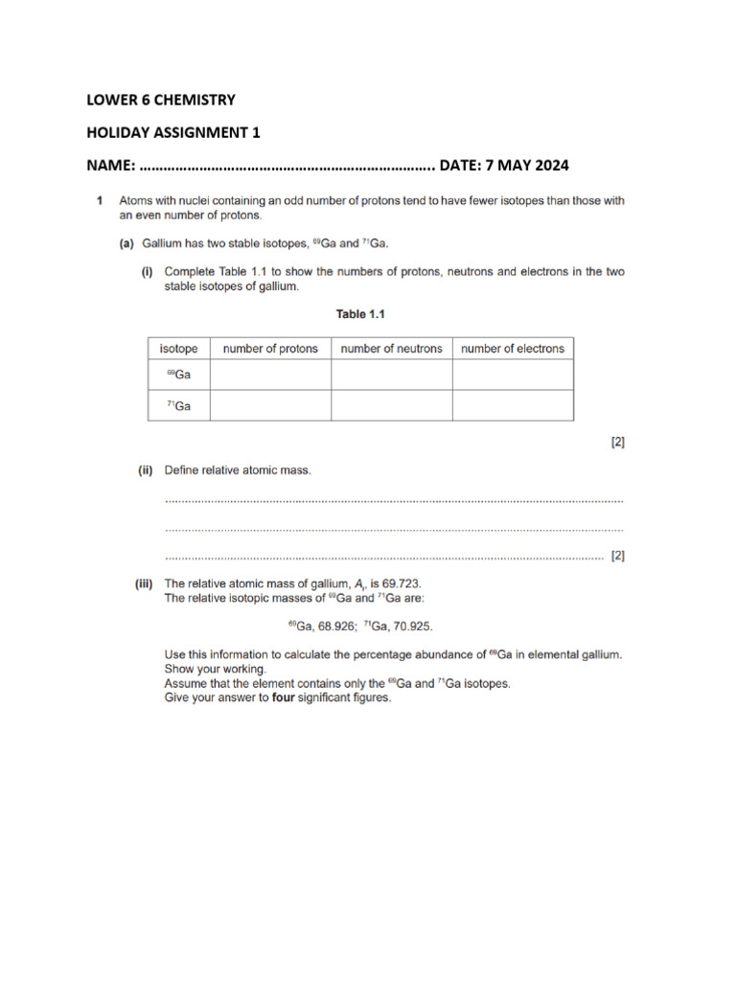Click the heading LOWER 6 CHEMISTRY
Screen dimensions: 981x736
coord(161,100)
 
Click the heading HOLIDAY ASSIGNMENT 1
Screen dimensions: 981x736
coord(173,132)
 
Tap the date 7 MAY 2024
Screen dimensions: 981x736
coord(526,165)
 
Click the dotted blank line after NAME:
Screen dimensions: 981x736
coord(287,166)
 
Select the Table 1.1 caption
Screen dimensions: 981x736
coord(359,313)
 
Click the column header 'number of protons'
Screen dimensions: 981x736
coord(270,349)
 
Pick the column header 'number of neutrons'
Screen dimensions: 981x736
coord(391,349)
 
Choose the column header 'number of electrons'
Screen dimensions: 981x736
coord(513,349)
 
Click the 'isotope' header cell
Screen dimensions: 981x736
coord(178,349)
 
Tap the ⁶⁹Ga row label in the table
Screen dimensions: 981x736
coord(178,375)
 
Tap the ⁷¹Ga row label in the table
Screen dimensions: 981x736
coord(178,405)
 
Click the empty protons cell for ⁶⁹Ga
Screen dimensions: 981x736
coord(270,375)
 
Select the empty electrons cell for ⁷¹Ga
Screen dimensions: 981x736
coord(513,405)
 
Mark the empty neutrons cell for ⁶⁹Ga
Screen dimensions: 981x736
coord(391,375)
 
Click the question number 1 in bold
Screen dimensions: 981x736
coord(100,201)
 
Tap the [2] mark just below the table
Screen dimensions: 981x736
coord(617,442)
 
